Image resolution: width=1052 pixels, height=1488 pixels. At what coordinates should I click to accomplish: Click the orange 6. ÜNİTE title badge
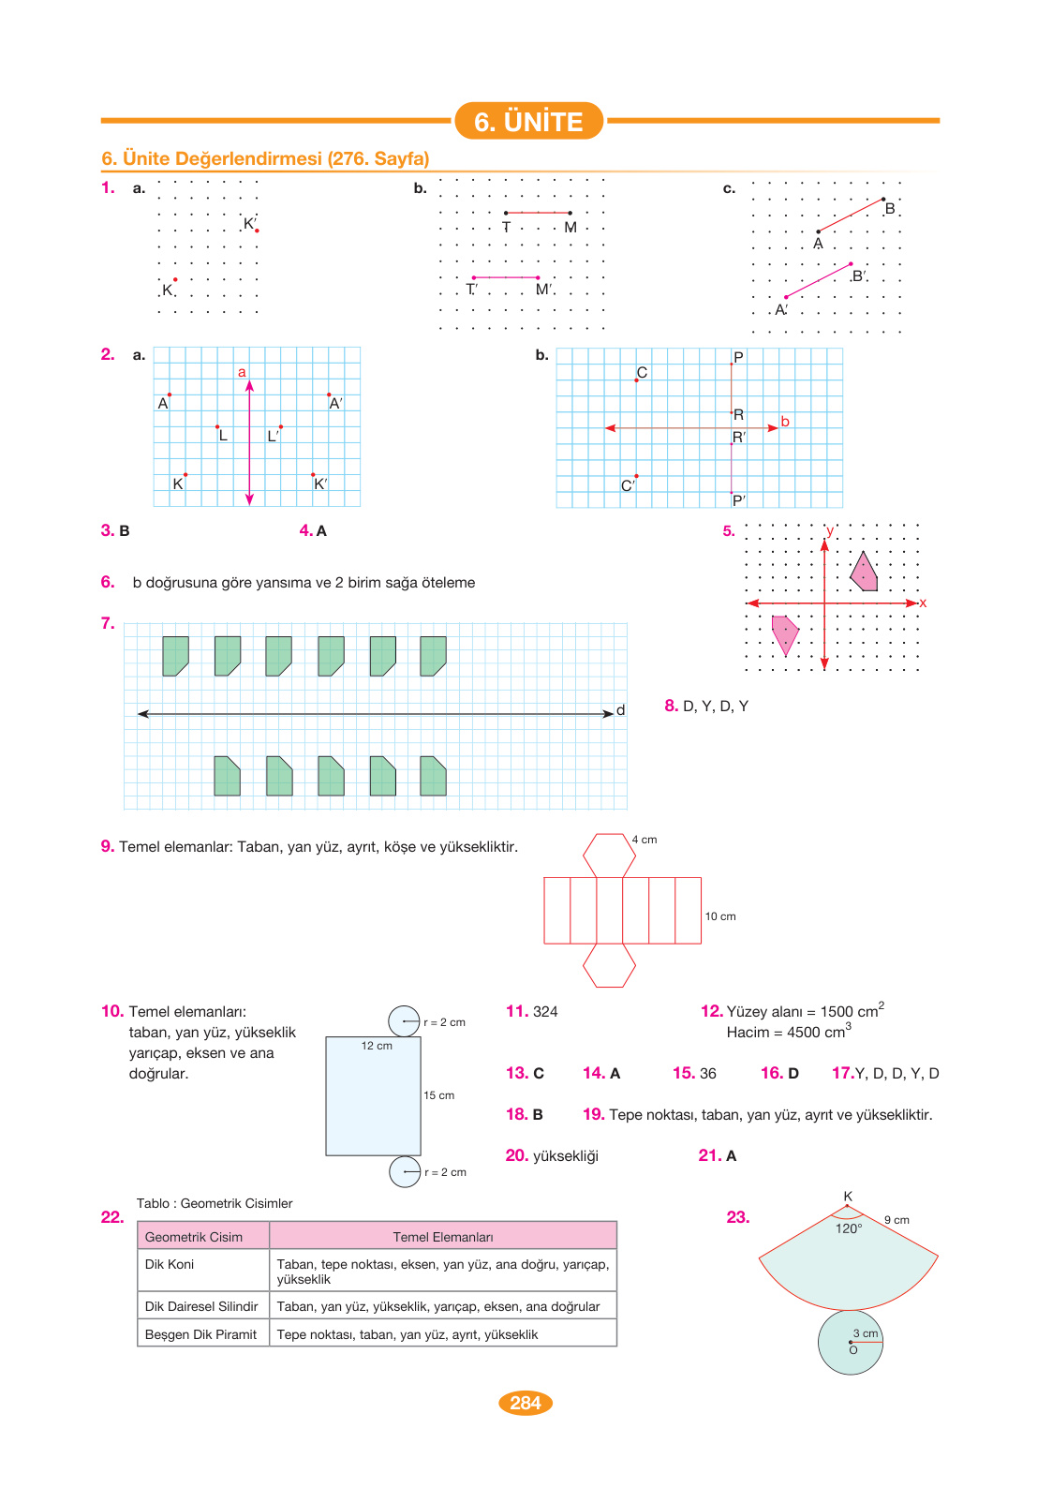tap(528, 121)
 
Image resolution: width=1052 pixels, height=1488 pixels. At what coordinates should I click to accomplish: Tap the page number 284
tap(526, 1403)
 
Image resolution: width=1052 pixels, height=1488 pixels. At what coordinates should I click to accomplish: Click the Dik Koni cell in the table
tap(170, 1264)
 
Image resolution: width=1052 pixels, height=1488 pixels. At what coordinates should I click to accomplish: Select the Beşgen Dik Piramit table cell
tap(201, 1334)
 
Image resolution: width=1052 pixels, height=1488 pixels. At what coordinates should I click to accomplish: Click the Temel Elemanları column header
tap(443, 1237)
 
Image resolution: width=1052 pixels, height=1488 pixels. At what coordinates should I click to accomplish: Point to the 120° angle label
tap(849, 1228)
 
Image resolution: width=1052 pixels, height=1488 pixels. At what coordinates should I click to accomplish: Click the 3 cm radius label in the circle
tap(866, 1333)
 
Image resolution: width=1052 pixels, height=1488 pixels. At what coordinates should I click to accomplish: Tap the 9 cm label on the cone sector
tap(896, 1220)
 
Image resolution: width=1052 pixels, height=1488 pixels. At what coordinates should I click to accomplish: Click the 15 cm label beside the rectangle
tap(438, 1095)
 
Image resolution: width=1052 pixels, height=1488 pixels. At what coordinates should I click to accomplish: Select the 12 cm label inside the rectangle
tap(377, 1046)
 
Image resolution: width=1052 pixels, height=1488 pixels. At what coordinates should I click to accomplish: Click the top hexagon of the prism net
tap(609, 855)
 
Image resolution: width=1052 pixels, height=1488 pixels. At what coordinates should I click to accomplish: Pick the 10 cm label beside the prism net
tap(720, 916)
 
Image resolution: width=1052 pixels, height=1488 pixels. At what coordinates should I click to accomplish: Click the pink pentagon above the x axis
tap(865, 573)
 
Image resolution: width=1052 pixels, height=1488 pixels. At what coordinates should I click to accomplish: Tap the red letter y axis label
tap(830, 531)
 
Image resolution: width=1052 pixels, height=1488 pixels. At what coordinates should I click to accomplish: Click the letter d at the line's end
tap(620, 710)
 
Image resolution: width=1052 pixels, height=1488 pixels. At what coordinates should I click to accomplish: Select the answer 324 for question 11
tap(545, 1012)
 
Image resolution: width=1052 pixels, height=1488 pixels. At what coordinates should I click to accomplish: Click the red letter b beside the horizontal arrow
tap(785, 422)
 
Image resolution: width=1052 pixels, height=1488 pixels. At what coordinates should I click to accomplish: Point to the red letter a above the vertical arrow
tap(242, 372)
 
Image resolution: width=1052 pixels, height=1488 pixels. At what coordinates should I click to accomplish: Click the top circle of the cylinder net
tap(405, 1021)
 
